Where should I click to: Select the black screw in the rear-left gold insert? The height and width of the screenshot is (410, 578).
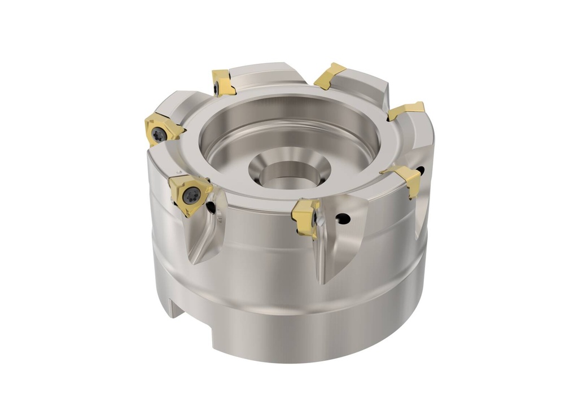coord(217,87)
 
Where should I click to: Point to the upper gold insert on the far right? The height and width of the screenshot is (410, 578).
coord(406,111)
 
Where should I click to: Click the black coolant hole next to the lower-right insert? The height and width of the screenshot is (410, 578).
coord(420,170)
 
